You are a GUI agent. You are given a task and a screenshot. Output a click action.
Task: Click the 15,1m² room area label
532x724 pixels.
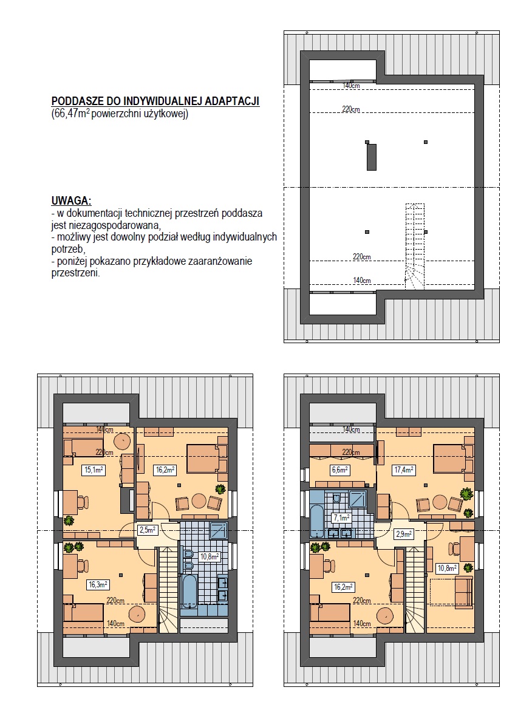tap(94, 470)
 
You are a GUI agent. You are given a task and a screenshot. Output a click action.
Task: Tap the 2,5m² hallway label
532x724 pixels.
tap(148, 530)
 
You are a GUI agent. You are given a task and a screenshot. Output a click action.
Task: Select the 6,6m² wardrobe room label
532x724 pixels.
tap(339, 470)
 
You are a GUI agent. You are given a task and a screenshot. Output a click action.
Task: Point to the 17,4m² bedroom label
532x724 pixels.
tap(404, 470)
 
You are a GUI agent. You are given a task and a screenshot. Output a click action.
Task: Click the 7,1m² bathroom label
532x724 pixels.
tap(341, 518)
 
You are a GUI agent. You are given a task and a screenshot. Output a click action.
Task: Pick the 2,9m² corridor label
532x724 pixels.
tap(404, 534)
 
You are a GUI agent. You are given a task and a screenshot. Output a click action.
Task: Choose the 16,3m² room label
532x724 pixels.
tap(98, 584)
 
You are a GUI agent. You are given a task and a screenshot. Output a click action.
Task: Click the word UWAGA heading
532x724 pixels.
tap(71, 201)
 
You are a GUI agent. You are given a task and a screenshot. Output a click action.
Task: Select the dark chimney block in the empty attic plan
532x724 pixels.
tap(371, 157)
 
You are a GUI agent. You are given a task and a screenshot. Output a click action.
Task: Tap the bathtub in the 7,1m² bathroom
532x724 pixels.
tap(318, 521)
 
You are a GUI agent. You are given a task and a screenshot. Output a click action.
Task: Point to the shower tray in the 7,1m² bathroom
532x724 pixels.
tap(358, 500)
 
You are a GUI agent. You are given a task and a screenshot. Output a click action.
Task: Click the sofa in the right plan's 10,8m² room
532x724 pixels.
tap(463, 592)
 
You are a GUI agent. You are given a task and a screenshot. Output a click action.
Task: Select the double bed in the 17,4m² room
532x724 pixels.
tap(453, 458)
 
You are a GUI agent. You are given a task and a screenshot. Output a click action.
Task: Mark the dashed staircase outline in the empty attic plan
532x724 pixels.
tap(415, 247)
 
